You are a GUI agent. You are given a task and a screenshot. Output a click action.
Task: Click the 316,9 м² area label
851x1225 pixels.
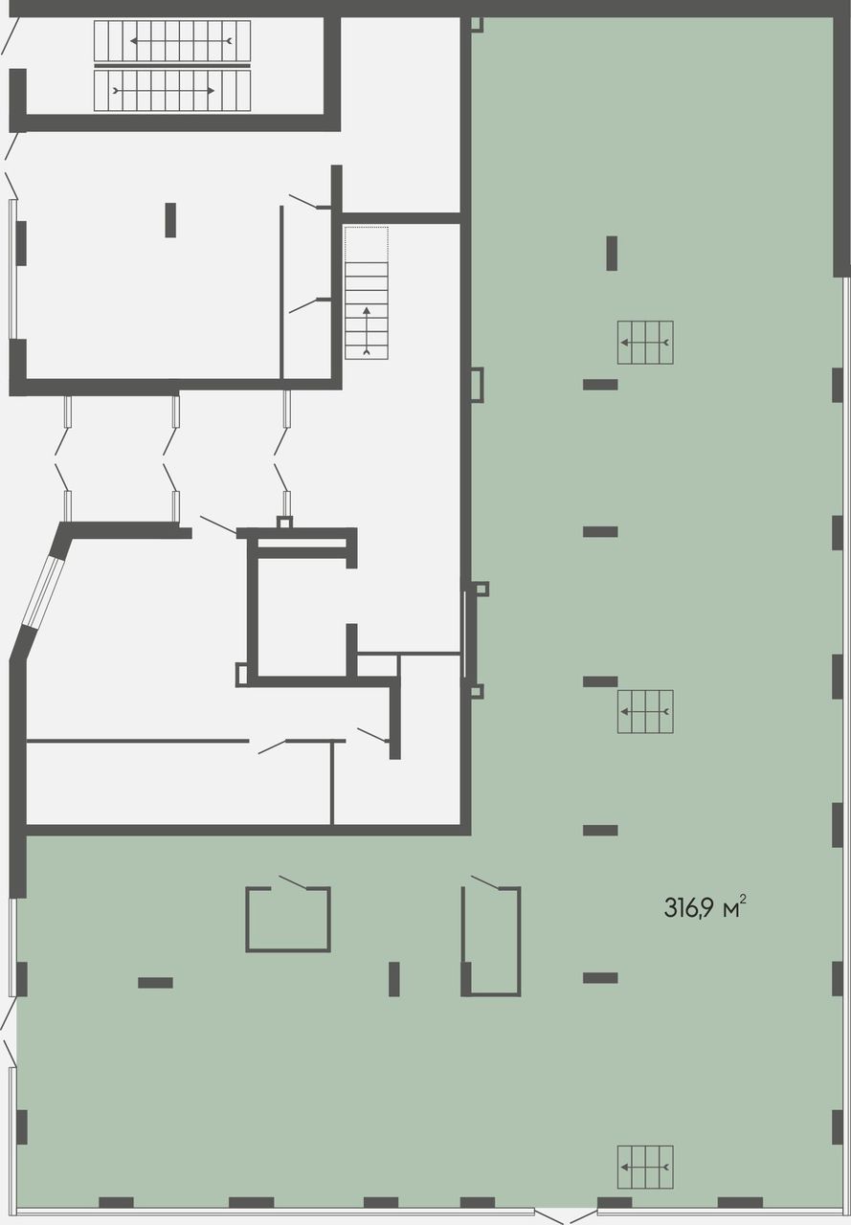pyautogui.click(x=705, y=908)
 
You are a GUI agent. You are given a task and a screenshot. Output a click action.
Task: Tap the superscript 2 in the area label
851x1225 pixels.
pyautogui.click(x=743, y=899)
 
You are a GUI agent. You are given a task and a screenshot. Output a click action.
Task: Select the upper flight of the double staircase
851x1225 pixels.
pyautogui.click(x=172, y=41)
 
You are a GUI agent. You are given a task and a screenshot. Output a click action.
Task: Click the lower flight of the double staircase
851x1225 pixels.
pyautogui.click(x=172, y=91)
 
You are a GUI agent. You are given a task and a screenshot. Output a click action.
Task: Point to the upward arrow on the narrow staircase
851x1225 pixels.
pyautogui.click(x=367, y=331)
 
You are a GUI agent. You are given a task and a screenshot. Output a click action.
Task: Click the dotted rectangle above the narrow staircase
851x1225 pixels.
pyautogui.click(x=367, y=244)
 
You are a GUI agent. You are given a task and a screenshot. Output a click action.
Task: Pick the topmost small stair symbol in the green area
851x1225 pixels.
pyautogui.click(x=645, y=343)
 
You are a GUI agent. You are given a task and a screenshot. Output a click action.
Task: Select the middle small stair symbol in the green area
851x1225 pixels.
pyautogui.click(x=645, y=711)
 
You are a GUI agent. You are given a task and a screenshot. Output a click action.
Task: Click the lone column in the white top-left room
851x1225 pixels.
pyautogui.click(x=170, y=220)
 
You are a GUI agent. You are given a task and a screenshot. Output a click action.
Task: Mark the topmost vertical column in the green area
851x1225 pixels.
pyautogui.click(x=612, y=254)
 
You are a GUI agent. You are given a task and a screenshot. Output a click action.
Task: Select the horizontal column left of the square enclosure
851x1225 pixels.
pyautogui.click(x=155, y=983)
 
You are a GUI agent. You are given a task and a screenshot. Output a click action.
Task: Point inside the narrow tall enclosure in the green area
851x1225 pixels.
pyautogui.click(x=491, y=941)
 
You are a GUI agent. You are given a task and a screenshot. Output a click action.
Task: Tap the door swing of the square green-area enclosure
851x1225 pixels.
pyautogui.click(x=293, y=882)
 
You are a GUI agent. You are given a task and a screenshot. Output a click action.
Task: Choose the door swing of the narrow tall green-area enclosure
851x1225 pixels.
pyautogui.click(x=485, y=882)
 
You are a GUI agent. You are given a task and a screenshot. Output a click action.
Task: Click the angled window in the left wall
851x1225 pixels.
pyautogui.click(x=45, y=590)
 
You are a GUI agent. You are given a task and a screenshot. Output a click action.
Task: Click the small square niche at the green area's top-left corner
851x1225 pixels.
pyautogui.click(x=477, y=25)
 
